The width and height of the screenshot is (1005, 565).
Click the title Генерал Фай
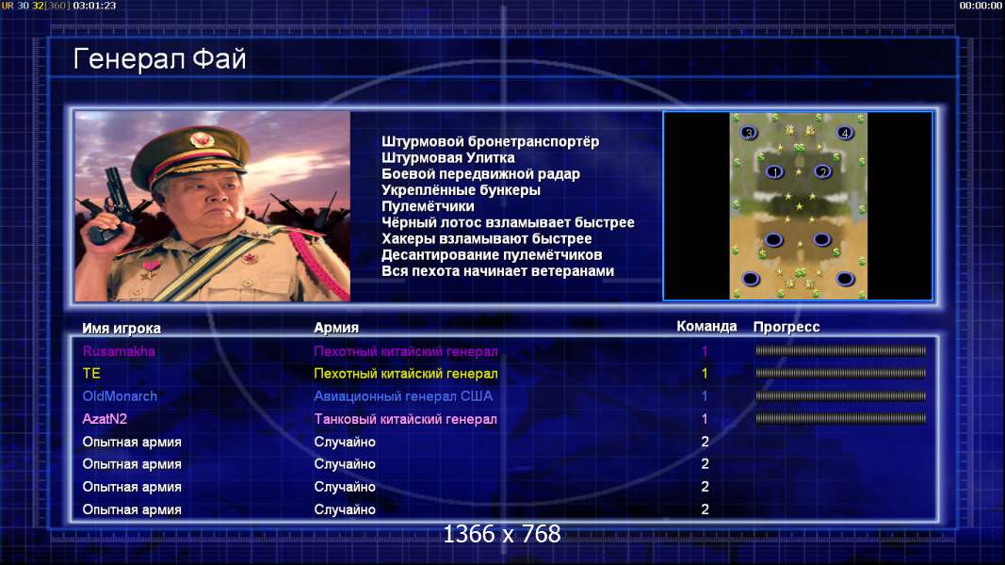[159, 59]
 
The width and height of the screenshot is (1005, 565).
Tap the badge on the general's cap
[202, 139]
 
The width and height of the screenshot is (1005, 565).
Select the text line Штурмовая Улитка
[448, 157]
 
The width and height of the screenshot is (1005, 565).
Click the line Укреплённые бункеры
[461, 190]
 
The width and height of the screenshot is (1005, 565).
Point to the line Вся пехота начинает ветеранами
[497, 271]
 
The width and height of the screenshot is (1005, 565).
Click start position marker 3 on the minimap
[749, 133]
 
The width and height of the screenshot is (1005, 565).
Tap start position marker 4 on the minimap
[845, 133]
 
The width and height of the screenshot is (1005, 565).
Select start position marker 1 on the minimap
[775, 171]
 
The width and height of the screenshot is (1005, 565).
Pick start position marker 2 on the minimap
[823, 171]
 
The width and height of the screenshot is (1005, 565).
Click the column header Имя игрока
[122, 328]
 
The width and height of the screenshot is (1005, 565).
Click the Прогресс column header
[786, 327]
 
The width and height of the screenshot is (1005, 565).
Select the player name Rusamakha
[119, 351]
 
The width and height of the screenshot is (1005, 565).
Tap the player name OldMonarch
[120, 395]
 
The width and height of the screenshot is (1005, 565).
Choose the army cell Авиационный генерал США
[403, 395]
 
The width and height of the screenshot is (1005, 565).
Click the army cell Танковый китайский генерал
[405, 419]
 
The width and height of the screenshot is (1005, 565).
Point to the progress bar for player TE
[840, 373]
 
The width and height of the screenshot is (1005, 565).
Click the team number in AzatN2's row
[705, 419]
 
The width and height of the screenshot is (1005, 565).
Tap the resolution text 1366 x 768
[502, 534]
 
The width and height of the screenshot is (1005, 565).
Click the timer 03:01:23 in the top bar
[94, 5]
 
